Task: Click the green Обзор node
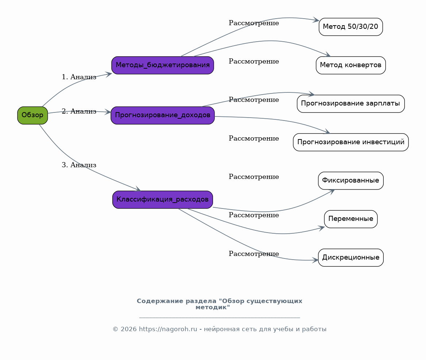coord(32,115)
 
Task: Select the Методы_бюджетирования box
coord(162,65)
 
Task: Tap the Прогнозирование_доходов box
coord(162,115)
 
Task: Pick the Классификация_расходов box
coord(162,200)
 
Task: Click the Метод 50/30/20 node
coord(351,27)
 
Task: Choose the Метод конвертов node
coord(351,65)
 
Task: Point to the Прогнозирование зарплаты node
coord(351,104)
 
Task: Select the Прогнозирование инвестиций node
coord(351,142)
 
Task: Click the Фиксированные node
coord(351,180)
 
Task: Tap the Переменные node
coord(351,219)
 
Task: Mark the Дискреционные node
coord(351,257)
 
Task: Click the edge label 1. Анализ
coord(79,77)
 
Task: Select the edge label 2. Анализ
coord(79,111)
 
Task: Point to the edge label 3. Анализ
coord(79,165)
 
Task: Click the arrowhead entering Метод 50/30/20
coord(316,20)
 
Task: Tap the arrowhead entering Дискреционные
coord(315,260)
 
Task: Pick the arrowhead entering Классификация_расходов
coord(138,189)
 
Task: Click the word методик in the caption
coord(213,307)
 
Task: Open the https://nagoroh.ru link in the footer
coord(168,329)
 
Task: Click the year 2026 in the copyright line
coord(128,329)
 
